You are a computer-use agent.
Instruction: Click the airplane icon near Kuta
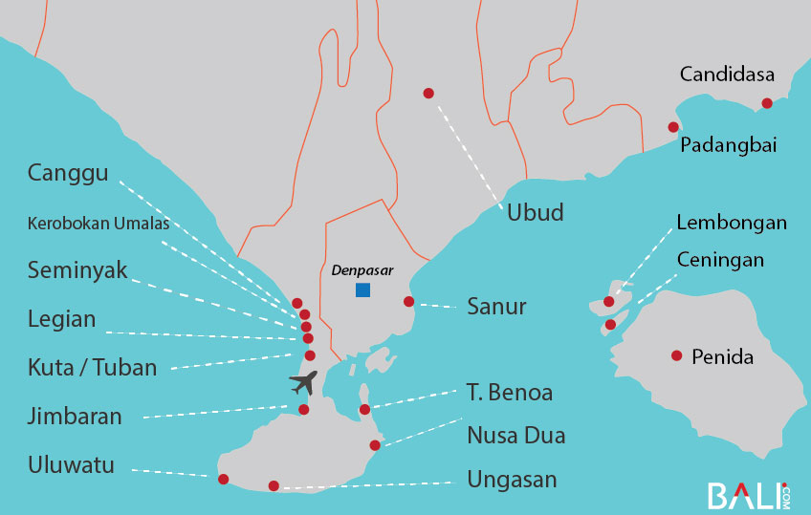304,383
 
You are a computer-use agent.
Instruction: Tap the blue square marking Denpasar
362,290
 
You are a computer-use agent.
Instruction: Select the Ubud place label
535,212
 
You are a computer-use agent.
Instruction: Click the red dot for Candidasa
767,103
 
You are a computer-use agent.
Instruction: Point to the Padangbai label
728,145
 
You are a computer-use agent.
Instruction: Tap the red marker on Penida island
677,355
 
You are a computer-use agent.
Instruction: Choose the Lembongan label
732,223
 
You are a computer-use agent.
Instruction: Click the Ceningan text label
720,260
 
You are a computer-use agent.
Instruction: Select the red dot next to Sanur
408,302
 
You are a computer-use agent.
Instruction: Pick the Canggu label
68,174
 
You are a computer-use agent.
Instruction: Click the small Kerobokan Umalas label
99,225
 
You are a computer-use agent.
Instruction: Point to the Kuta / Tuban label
92,367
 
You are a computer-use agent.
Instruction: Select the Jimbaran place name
75,417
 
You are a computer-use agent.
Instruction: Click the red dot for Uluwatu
224,479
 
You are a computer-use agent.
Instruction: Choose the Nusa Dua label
515,436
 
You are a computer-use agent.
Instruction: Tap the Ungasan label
512,480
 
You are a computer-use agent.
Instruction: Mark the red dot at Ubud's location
428,93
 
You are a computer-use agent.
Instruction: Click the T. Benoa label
510,392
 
